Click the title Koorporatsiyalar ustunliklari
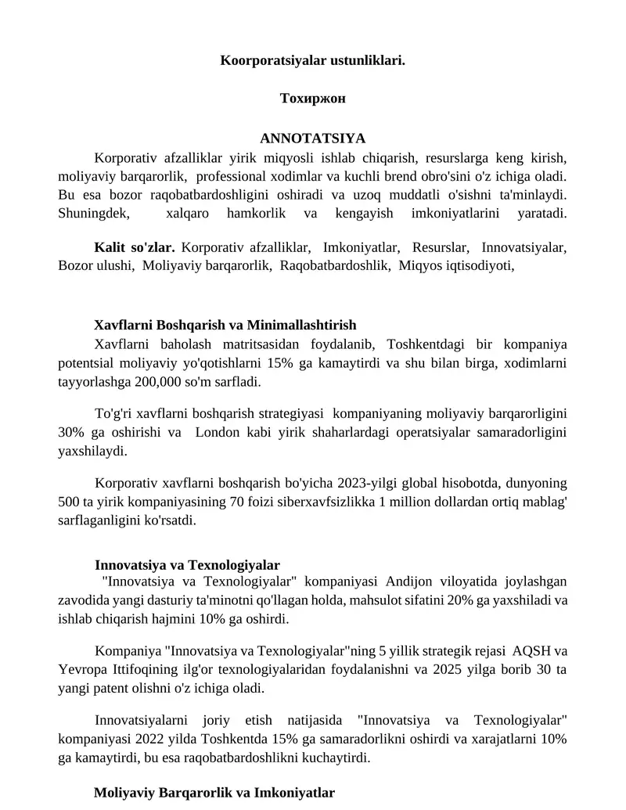312,59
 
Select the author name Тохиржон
312,99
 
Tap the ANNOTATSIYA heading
312,139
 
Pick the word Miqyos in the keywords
419,265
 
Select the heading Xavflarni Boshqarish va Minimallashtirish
225,325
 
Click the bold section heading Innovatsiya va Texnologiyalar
188,564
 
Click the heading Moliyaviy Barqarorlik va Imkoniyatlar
214,793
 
